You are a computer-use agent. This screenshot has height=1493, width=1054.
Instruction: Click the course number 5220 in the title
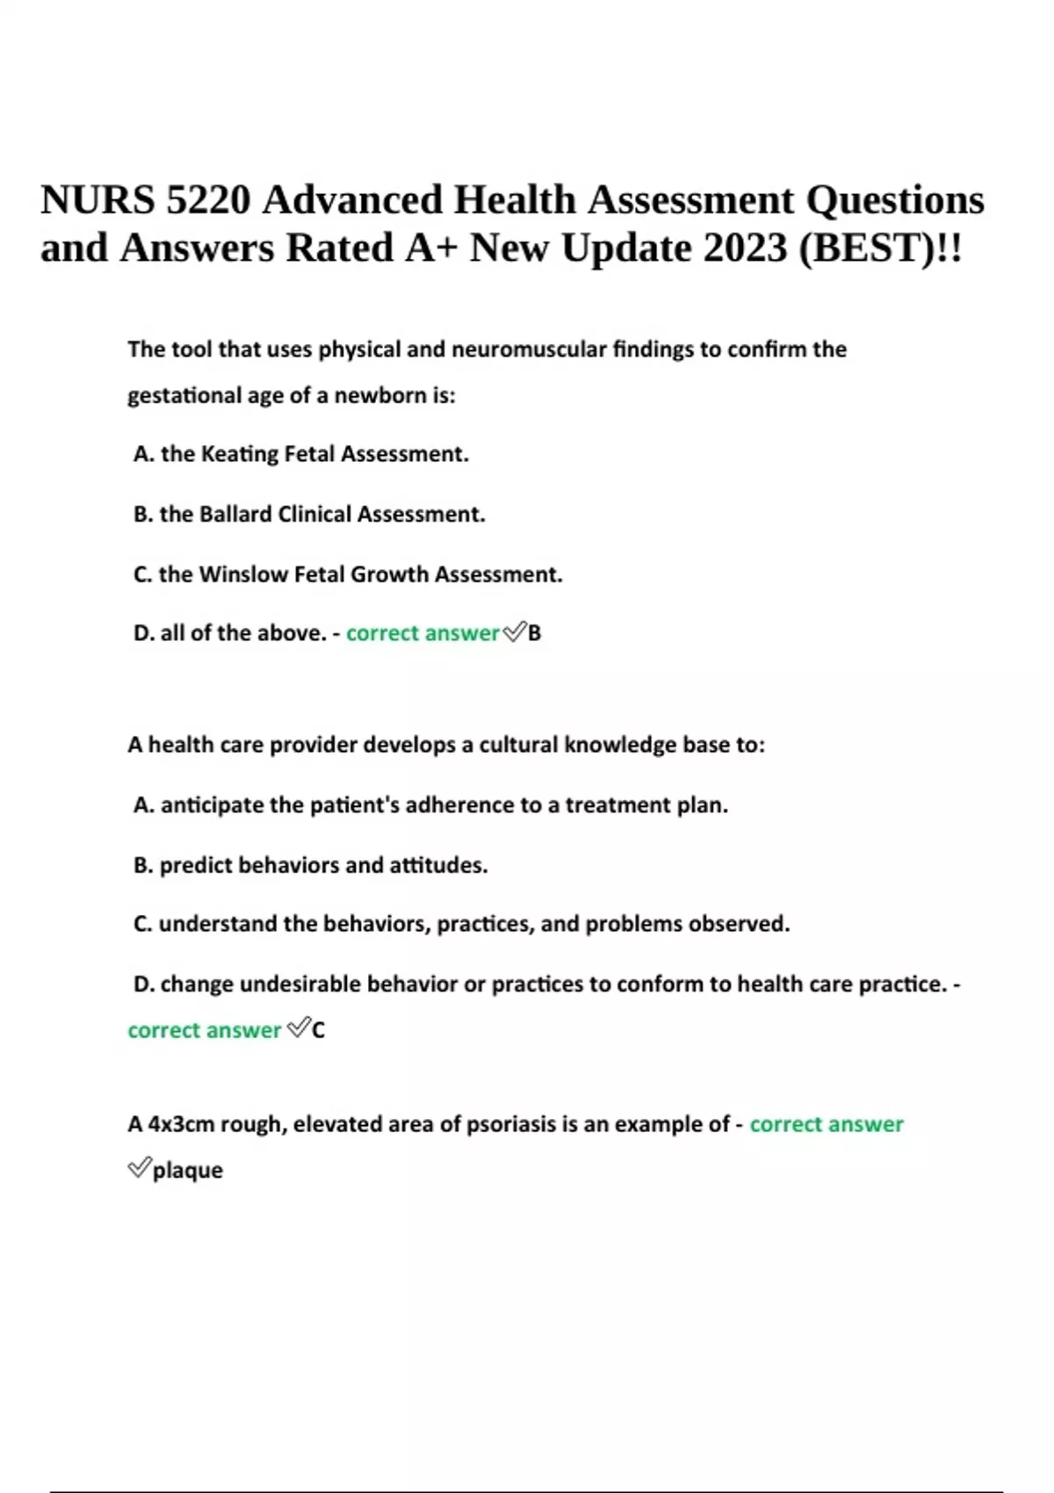(207, 200)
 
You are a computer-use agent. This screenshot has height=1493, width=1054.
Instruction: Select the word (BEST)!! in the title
(880, 249)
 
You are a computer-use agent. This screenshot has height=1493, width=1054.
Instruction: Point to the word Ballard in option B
(235, 514)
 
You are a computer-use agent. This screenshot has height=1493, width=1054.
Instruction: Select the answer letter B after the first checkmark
(535, 633)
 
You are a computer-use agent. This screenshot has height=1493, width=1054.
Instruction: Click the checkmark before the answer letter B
(514, 631)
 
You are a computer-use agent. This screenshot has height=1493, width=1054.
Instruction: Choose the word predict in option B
(196, 865)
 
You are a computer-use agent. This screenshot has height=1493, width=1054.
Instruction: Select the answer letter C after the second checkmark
(318, 1030)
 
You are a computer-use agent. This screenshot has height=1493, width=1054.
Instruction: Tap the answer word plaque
(188, 1171)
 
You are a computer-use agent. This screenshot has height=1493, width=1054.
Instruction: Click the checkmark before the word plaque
(139, 1168)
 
